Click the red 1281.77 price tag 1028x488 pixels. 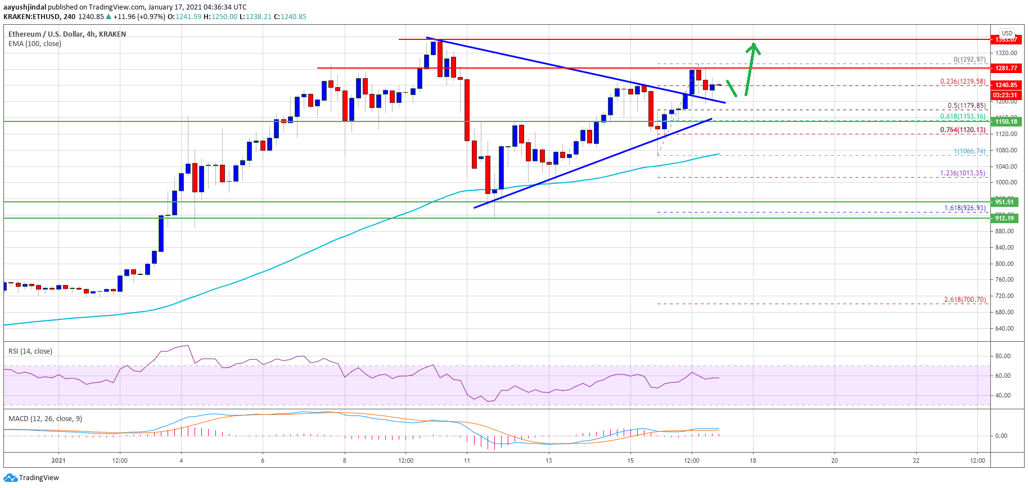click(1006, 68)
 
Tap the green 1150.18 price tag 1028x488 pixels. click(1006, 121)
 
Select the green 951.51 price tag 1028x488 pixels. click(1004, 202)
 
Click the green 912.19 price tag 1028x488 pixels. click(1004, 218)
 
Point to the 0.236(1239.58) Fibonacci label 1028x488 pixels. click(963, 82)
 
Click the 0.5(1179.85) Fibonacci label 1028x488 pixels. click(966, 106)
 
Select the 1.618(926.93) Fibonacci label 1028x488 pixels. click(964, 208)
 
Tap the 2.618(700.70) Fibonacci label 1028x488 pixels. click(964, 300)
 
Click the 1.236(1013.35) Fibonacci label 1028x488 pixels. click(962, 173)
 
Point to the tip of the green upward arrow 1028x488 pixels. click(754, 44)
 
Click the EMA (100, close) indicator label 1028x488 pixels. click(35, 44)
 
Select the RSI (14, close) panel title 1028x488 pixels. click(30, 351)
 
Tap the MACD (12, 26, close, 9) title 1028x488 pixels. click(45, 419)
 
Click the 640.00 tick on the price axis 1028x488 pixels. click(1006, 328)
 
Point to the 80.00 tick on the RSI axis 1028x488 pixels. click(1003, 356)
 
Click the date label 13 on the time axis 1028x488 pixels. click(548, 460)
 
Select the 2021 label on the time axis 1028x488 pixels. click(58, 460)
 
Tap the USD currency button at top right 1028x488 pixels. click(1007, 33)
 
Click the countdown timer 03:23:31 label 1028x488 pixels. click(1006, 95)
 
